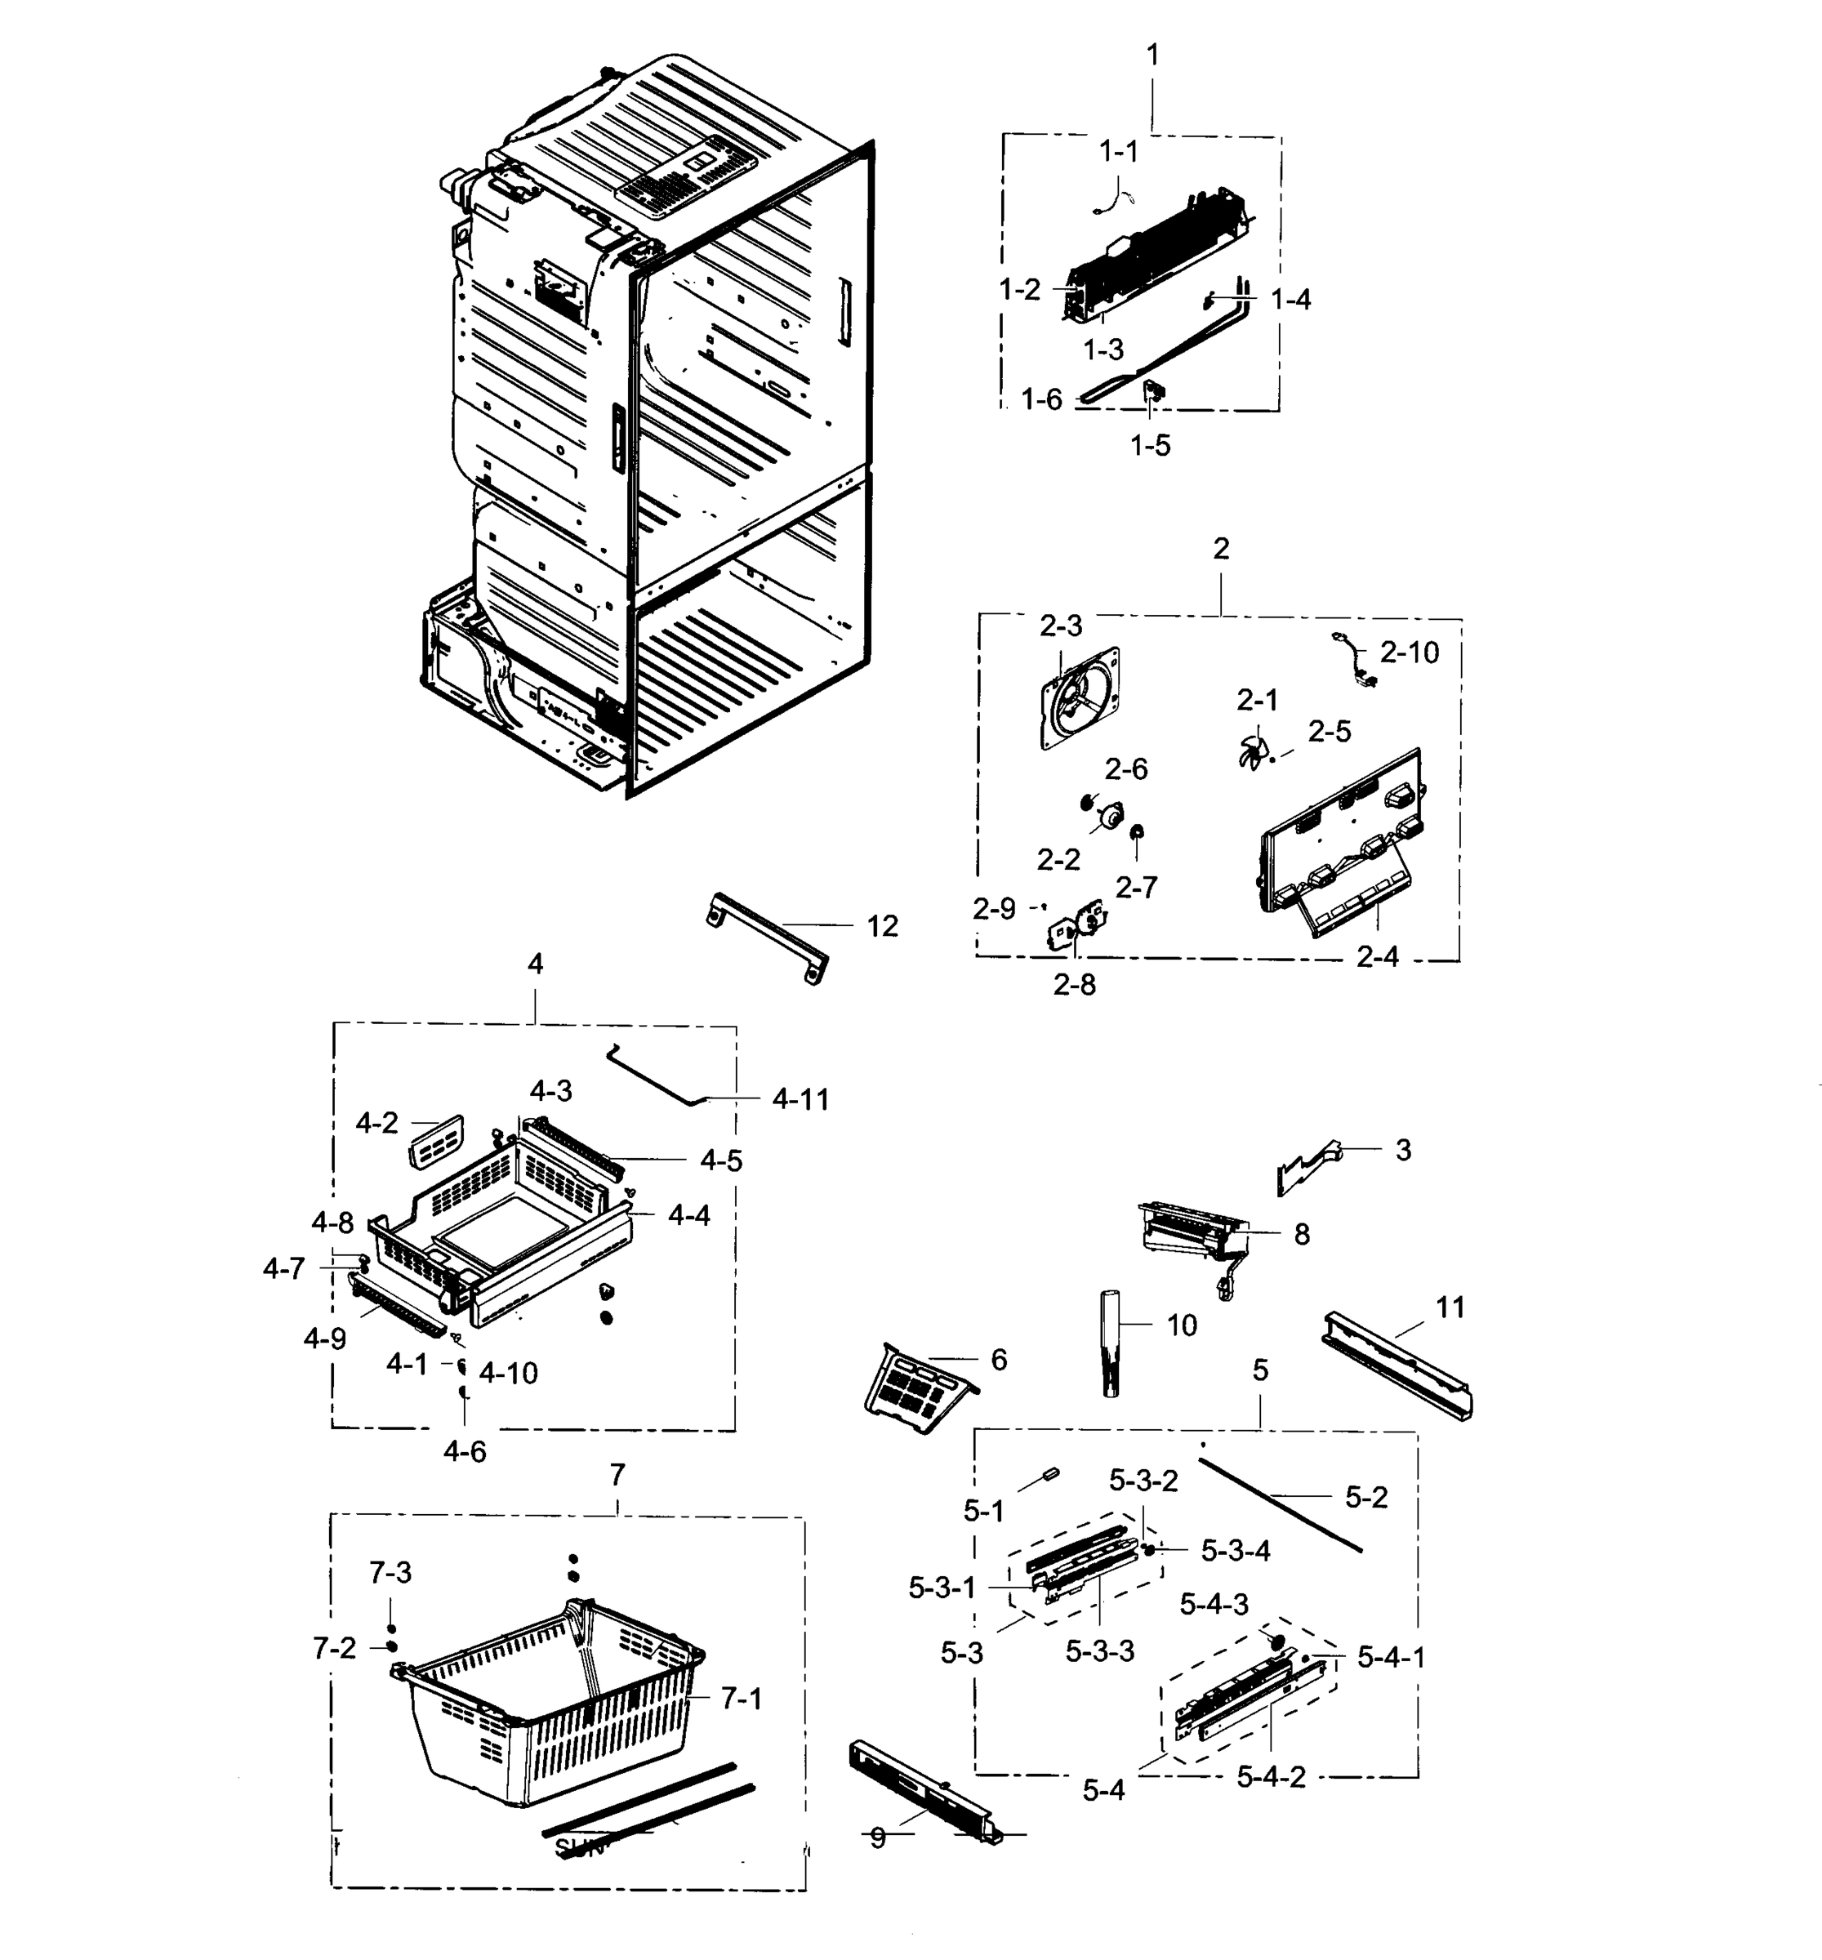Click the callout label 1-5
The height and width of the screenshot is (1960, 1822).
click(1150, 446)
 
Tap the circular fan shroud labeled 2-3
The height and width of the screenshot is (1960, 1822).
click(1080, 698)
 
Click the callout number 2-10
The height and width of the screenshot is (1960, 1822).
click(1409, 652)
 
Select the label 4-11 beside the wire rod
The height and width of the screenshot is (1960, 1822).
click(800, 1099)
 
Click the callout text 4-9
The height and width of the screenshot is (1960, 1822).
click(324, 1339)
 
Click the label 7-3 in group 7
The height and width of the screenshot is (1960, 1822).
click(390, 1574)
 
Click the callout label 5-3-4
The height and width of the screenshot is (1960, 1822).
click(1236, 1551)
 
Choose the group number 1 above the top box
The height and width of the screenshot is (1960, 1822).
click(1152, 56)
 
